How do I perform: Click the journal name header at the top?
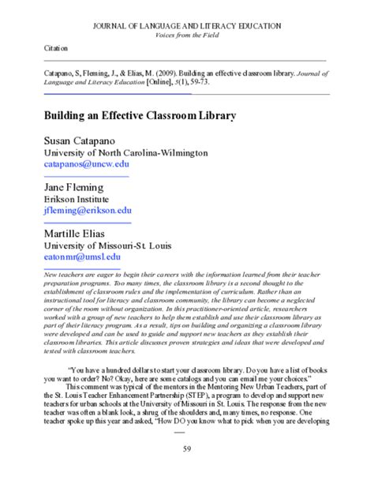point(186,25)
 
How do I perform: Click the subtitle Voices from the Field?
point(186,35)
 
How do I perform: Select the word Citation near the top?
point(57,48)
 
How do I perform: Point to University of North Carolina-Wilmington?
point(125,152)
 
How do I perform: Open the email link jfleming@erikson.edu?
point(88,212)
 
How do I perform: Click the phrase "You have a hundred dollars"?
point(118,369)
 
